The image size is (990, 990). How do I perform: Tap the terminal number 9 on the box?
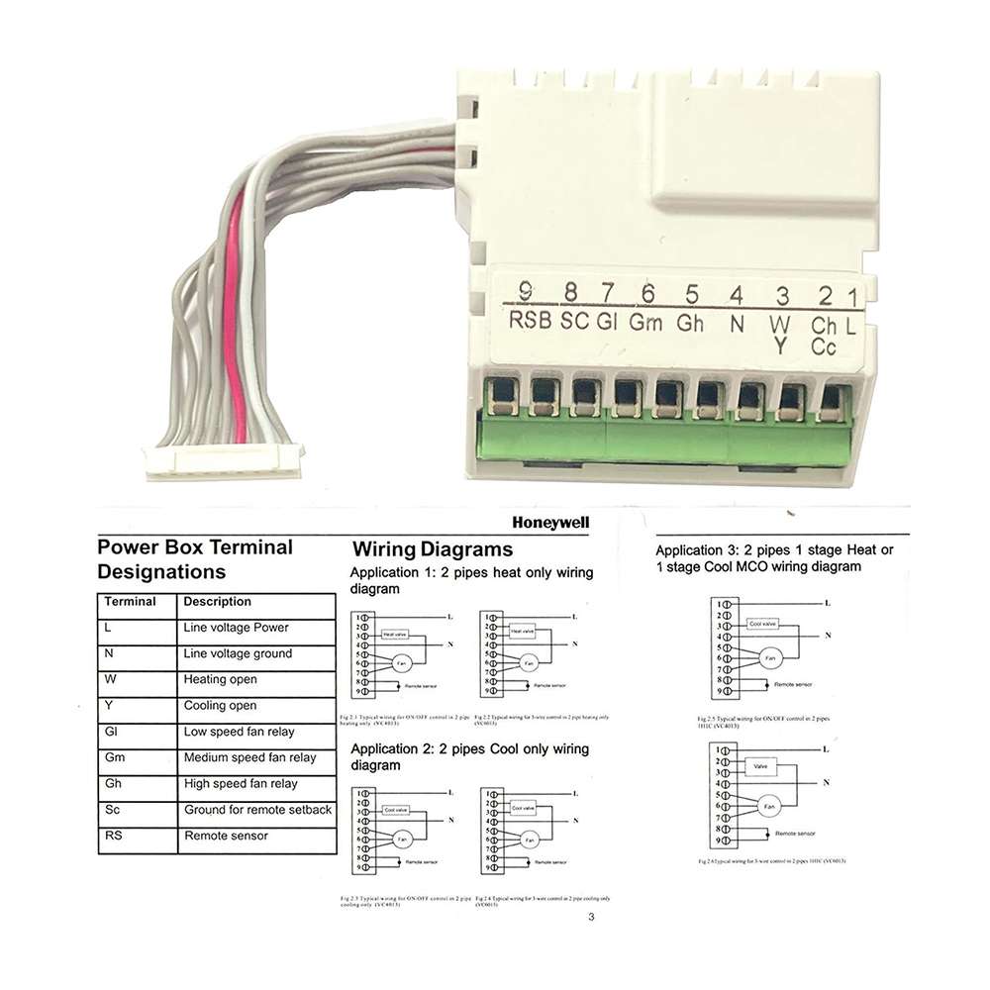pyautogui.click(x=525, y=292)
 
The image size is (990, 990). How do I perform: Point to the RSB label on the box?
pyautogui.click(x=530, y=321)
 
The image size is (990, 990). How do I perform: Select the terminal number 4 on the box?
pyautogui.click(x=736, y=294)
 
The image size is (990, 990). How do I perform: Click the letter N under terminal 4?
pyautogui.click(x=736, y=322)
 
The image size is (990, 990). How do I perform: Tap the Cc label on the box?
pyautogui.click(x=824, y=346)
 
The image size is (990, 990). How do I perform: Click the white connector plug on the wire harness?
pyautogui.click(x=224, y=462)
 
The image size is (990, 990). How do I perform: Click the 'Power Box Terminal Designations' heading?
pyautogui.click(x=195, y=558)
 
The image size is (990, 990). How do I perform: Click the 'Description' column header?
pyautogui.click(x=217, y=602)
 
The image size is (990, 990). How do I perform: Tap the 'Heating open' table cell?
pyautogui.click(x=220, y=679)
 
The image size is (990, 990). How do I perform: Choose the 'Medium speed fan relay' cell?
pyautogui.click(x=249, y=757)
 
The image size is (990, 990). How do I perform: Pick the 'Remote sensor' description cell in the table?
pyautogui.click(x=226, y=836)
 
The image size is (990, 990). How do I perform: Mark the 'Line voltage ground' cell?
pyautogui.click(x=238, y=653)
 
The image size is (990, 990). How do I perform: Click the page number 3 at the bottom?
pyautogui.click(x=591, y=917)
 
